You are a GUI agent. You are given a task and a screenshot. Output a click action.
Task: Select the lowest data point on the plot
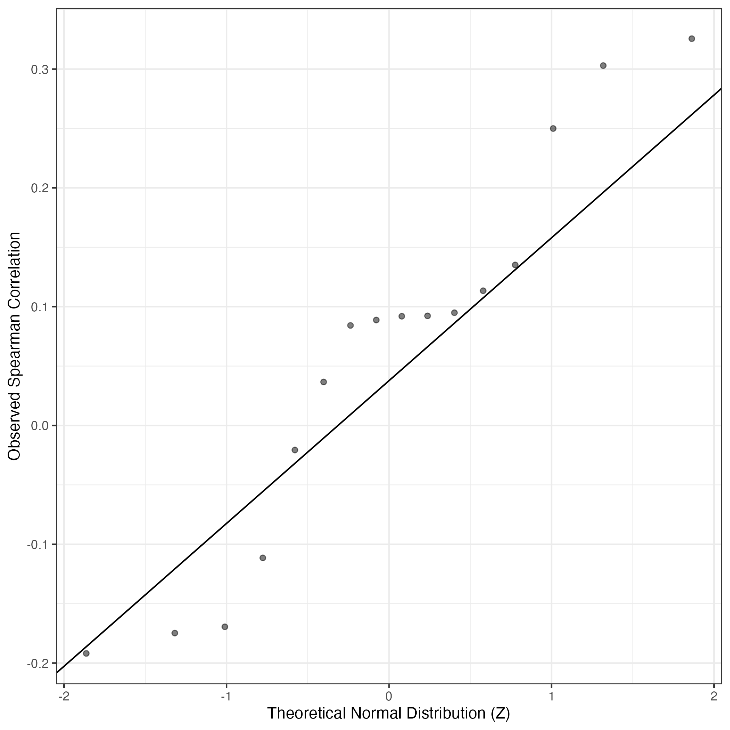point(86,653)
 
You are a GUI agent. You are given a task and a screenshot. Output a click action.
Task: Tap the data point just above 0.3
point(603,66)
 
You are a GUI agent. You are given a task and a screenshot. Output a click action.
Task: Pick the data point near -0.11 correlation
point(263,558)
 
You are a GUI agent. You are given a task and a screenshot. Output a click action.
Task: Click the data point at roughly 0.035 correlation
point(323,382)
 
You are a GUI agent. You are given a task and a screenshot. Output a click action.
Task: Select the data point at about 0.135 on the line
point(515,265)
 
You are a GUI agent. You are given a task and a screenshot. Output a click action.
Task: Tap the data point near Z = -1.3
point(175,633)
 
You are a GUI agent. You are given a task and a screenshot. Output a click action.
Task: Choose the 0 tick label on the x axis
point(389,696)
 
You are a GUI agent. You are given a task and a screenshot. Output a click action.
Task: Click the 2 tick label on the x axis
point(714,696)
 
